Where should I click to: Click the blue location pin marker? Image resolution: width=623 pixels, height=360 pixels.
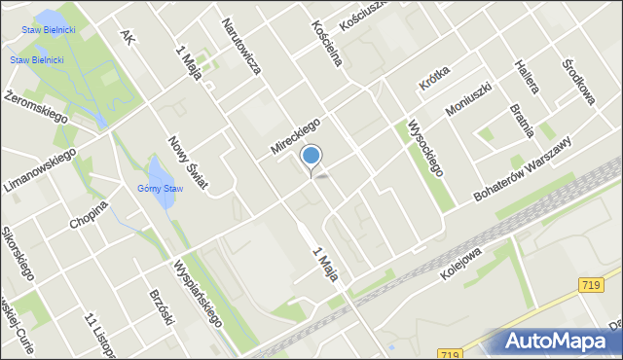[x=311, y=157]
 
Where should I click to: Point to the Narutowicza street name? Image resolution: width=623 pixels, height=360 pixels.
[x=240, y=46]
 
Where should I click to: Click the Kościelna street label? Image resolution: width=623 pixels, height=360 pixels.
[x=326, y=44]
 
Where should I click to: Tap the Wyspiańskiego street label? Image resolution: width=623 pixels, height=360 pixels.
[x=198, y=291]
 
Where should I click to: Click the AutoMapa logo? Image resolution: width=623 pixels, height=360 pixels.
[x=558, y=342]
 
